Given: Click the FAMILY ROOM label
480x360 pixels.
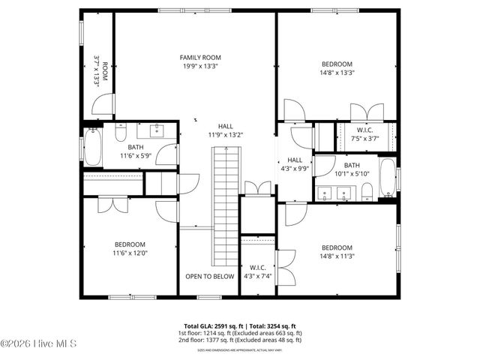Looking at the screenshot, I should [200, 57].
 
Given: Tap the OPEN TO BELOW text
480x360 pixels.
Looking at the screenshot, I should [210, 276].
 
